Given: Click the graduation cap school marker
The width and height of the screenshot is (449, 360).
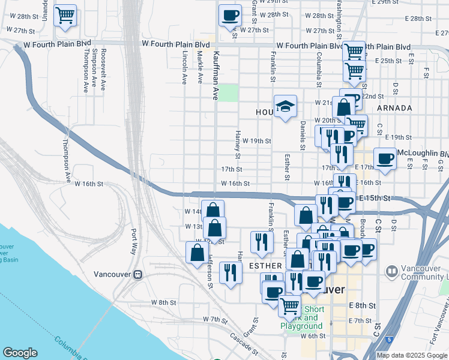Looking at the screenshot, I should click(x=286, y=107).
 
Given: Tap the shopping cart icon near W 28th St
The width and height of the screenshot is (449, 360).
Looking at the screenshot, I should click(x=65, y=14).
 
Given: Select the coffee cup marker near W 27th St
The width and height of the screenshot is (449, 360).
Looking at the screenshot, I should click(x=229, y=14).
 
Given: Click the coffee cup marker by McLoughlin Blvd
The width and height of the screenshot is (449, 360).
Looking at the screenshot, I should click(x=384, y=159).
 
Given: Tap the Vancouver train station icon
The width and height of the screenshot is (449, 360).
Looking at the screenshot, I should click(x=137, y=274).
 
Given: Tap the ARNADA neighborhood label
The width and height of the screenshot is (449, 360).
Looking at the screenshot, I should click(x=395, y=108).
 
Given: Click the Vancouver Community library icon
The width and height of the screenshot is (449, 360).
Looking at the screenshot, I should click(x=391, y=271).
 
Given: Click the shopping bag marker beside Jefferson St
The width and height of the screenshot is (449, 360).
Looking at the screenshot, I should click(x=197, y=253).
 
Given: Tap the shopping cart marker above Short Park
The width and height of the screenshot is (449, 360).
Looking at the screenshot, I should click(x=290, y=305).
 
